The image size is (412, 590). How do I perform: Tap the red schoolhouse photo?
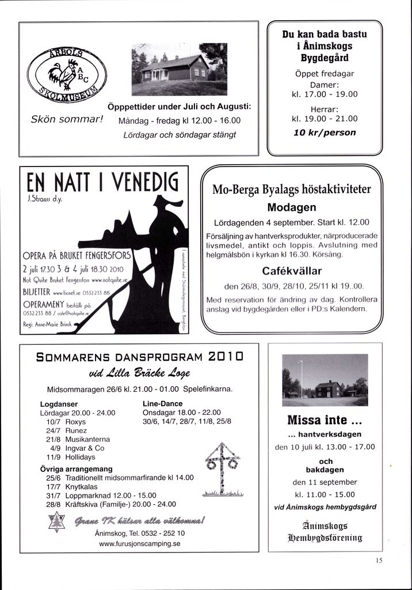pyautogui.click(x=179, y=69)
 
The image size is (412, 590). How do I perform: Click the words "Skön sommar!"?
pyautogui.click(x=66, y=120)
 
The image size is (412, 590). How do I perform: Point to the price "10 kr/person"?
pyautogui.click(x=325, y=133)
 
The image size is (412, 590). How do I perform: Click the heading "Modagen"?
pyautogui.click(x=292, y=207)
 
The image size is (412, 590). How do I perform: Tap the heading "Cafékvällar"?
pyautogui.click(x=292, y=271)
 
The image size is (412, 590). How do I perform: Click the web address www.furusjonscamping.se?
pyautogui.click(x=140, y=543)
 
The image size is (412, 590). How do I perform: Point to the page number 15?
pyautogui.click(x=378, y=559)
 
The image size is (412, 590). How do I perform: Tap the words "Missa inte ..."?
pyautogui.click(x=325, y=419)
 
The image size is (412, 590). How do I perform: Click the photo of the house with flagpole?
pyautogui.click(x=325, y=380)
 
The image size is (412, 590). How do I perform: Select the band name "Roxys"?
pyautogui.click(x=75, y=422)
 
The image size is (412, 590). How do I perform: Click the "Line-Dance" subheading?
pyautogui.click(x=162, y=404)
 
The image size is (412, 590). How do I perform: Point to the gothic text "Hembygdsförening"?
pyautogui.click(x=325, y=538)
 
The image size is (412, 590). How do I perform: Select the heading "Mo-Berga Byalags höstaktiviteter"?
pyautogui.click(x=292, y=190)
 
